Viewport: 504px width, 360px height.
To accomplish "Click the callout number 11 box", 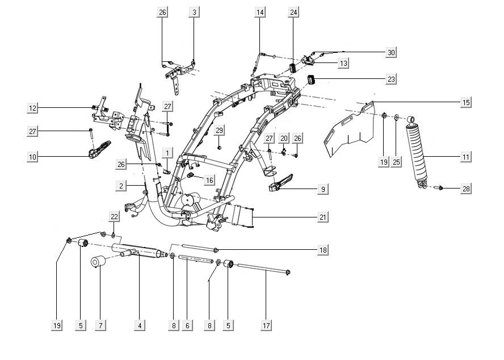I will coord(466,156).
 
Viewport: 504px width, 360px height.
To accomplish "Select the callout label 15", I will coord(466,103).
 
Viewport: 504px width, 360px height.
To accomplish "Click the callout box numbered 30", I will coord(391,52).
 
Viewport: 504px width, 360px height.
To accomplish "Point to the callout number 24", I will coord(293,12).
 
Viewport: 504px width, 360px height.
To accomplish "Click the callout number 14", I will coord(260,12).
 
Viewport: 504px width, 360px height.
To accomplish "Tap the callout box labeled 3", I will coord(195,12).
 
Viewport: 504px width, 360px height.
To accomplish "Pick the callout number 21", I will coord(323,217).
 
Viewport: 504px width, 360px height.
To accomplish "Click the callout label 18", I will coord(323,250).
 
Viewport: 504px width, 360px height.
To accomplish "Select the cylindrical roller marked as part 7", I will coord(99,263).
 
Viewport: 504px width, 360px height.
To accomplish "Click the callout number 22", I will coord(115,217).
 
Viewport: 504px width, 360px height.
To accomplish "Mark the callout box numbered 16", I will coord(209,180).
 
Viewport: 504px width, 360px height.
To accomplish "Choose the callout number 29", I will coord(220,130).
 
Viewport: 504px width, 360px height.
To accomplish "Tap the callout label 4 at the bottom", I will coord(139,325).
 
